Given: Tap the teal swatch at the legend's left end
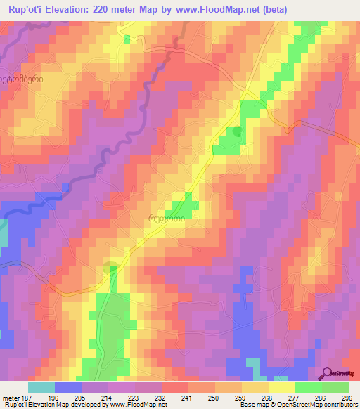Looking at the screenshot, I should tap(41, 387).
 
